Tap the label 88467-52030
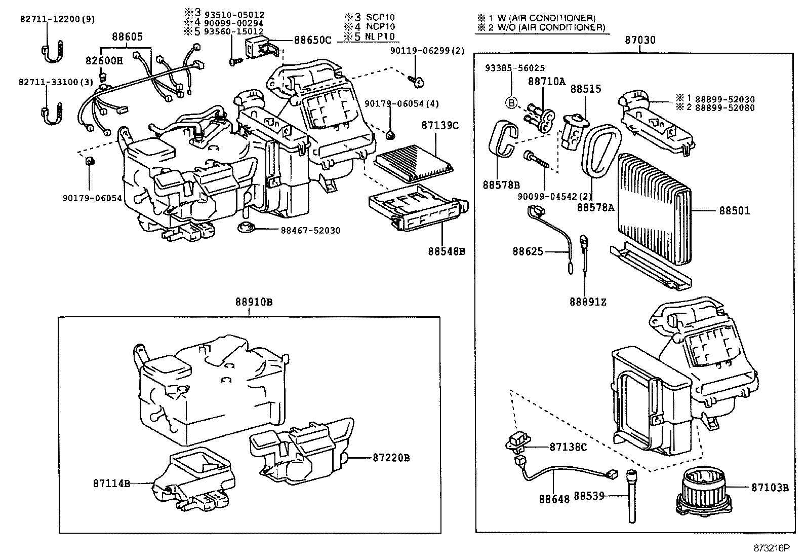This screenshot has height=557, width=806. pos(310,231)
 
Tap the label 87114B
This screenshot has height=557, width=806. pos(111,484)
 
